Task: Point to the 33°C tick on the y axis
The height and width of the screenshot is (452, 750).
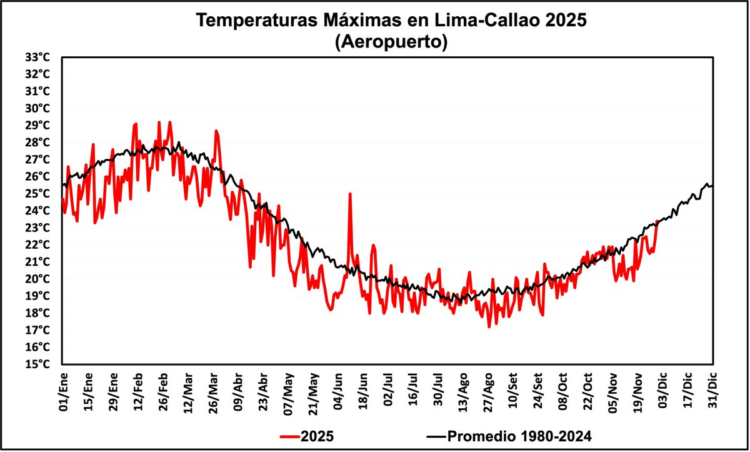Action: (x=37, y=57)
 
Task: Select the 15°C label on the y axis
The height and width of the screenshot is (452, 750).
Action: (x=37, y=364)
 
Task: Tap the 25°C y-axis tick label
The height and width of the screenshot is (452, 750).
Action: (x=37, y=193)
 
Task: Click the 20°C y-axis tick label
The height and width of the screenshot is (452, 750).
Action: (x=37, y=279)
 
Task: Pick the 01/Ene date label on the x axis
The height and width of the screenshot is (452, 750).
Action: (x=62, y=392)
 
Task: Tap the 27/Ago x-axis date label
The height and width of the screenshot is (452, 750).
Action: (x=487, y=392)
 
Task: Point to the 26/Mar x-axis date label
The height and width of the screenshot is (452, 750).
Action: (x=212, y=392)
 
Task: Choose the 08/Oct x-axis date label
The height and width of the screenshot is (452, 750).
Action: (x=562, y=392)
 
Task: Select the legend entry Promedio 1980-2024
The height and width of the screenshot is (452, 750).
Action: (x=509, y=436)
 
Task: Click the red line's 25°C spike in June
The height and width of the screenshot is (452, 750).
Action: (x=350, y=194)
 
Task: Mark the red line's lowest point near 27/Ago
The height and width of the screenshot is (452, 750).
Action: (x=489, y=326)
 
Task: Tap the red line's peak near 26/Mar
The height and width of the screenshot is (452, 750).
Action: (x=216, y=131)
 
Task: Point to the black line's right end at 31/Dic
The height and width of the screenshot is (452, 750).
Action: (x=712, y=186)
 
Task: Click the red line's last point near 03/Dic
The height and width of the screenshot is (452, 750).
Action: (x=657, y=221)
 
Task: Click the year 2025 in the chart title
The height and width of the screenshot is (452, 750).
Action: (x=566, y=21)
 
